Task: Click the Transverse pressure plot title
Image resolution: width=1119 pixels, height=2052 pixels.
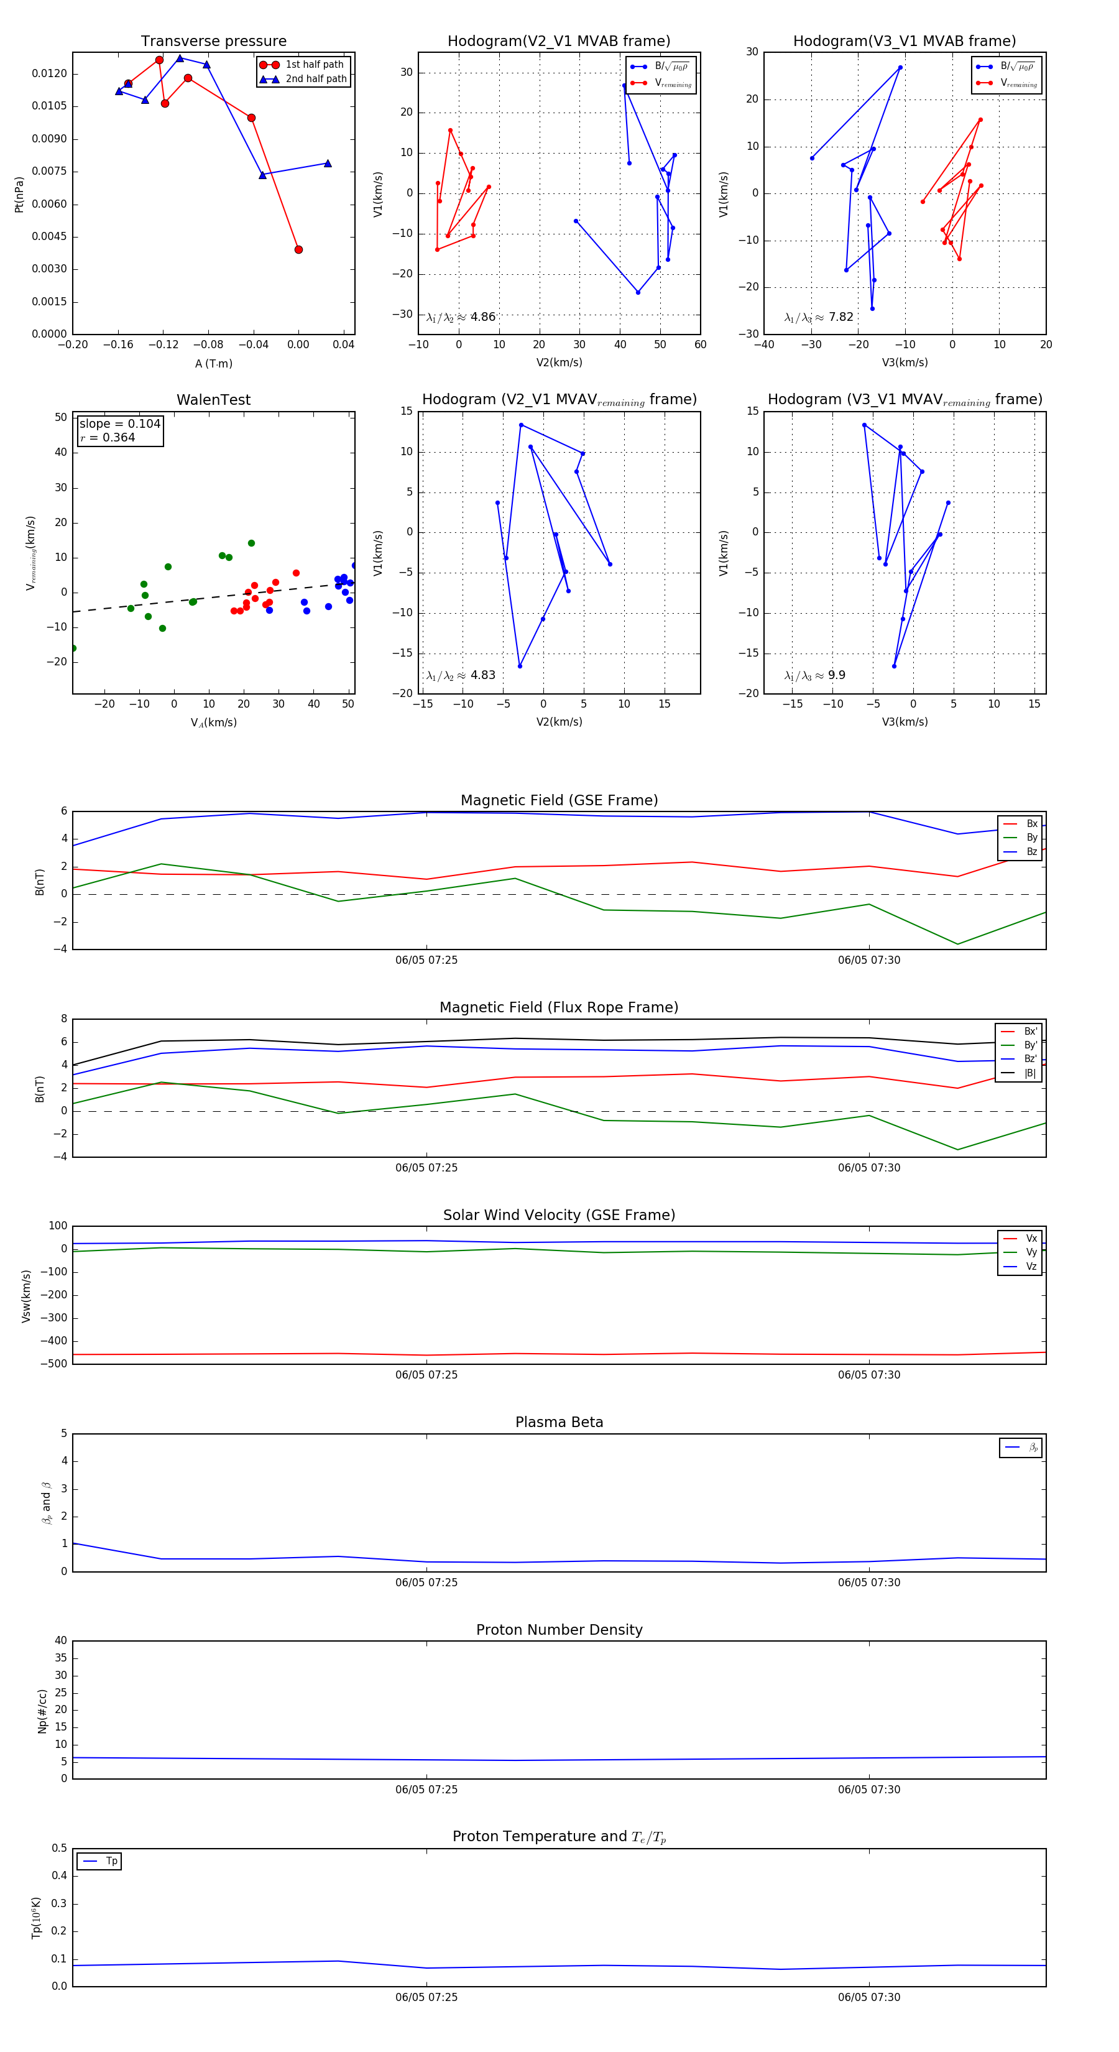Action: [213, 42]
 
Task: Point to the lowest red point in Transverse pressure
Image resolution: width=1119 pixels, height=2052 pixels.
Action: [298, 249]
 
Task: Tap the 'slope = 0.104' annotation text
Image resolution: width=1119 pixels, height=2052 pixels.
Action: [119, 424]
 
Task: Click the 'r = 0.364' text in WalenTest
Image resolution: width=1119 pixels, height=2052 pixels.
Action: [108, 437]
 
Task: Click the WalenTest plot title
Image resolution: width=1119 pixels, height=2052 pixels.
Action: [213, 400]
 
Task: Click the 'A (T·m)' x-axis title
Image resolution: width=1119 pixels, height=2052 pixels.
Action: [213, 363]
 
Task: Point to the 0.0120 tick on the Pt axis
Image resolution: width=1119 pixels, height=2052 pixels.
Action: [49, 73]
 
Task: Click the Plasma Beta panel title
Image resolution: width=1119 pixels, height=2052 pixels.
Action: [559, 1422]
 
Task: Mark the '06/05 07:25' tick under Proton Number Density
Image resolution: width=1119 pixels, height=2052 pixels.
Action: [426, 1789]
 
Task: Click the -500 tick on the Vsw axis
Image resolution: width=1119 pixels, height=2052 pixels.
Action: [53, 1364]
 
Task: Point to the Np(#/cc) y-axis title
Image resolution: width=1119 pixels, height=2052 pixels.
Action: [42, 1709]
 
